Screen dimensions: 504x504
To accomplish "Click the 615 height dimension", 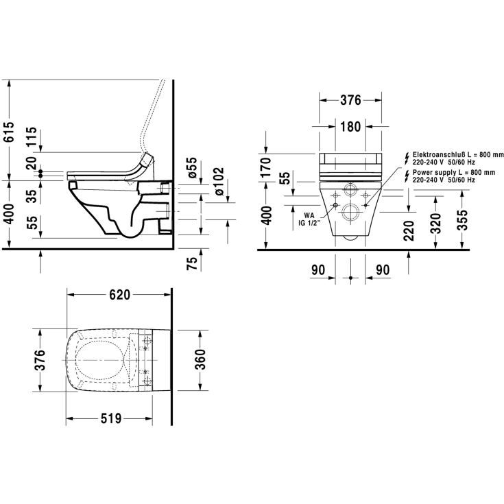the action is pyautogui.click(x=10, y=132).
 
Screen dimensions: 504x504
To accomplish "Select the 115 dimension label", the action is pyautogui.click(x=32, y=136).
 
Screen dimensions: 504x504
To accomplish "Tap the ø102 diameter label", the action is pyautogui.click(x=219, y=181).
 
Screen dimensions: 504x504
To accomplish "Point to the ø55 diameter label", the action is pyautogui.click(x=191, y=167).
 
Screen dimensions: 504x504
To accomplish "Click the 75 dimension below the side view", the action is pyautogui.click(x=192, y=263).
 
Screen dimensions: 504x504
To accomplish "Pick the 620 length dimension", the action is pyautogui.click(x=119, y=295).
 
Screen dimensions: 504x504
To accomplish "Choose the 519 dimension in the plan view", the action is pyautogui.click(x=111, y=418).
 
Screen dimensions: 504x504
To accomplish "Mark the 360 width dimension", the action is pyautogui.click(x=200, y=360).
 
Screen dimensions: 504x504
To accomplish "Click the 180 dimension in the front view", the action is pyautogui.click(x=350, y=127).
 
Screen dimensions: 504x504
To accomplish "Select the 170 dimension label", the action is pyautogui.click(x=266, y=167).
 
